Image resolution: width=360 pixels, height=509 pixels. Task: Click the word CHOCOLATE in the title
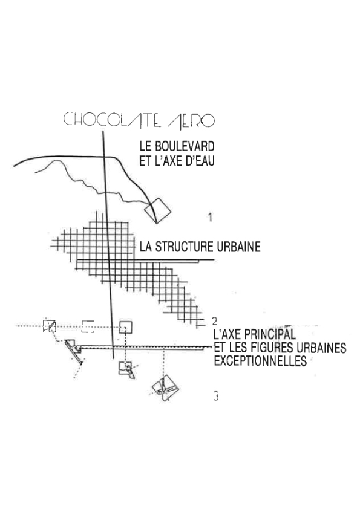pyautogui.click(x=112, y=120)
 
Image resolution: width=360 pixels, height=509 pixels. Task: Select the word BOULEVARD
pyautogui.click(x=185, y=146)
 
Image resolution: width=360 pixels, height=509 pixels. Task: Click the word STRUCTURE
pyautogui.click(x=185, y=247)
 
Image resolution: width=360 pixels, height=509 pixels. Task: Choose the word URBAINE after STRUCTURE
pyautogui.click(x=238, y=247)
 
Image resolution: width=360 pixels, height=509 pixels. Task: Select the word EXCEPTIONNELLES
pyautogui.click(x=260, y=361)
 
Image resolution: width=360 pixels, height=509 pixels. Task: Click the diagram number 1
pyautogui.click(x=211, y=217)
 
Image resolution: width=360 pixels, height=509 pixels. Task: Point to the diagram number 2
pyautogui.click(x=214, y=321)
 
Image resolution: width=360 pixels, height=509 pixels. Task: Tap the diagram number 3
pyautogui.click(x=216, y=396)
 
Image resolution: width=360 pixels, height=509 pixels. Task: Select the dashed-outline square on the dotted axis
pyautogui.click(x=88, y=326)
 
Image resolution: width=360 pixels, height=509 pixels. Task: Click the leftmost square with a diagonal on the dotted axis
pyautogui.click(x=50, y=326)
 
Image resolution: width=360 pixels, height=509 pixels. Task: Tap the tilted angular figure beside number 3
pyautogui.click(x=166, y=389)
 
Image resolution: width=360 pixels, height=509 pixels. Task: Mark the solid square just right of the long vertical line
pyautogui.click(x=125, y=327)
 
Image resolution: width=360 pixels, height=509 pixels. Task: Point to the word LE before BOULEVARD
pyautogui.click(x=145, y=146)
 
